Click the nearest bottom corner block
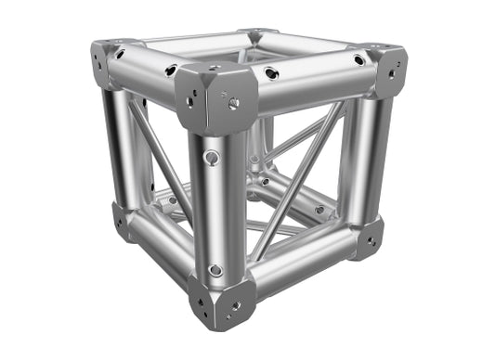coord(220,299)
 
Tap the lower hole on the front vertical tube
coord(215,270)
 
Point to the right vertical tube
coord(368,153)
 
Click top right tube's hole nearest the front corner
coord(270,73)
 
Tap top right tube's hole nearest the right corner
coord(358,60)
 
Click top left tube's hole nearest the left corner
coord(121,54)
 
